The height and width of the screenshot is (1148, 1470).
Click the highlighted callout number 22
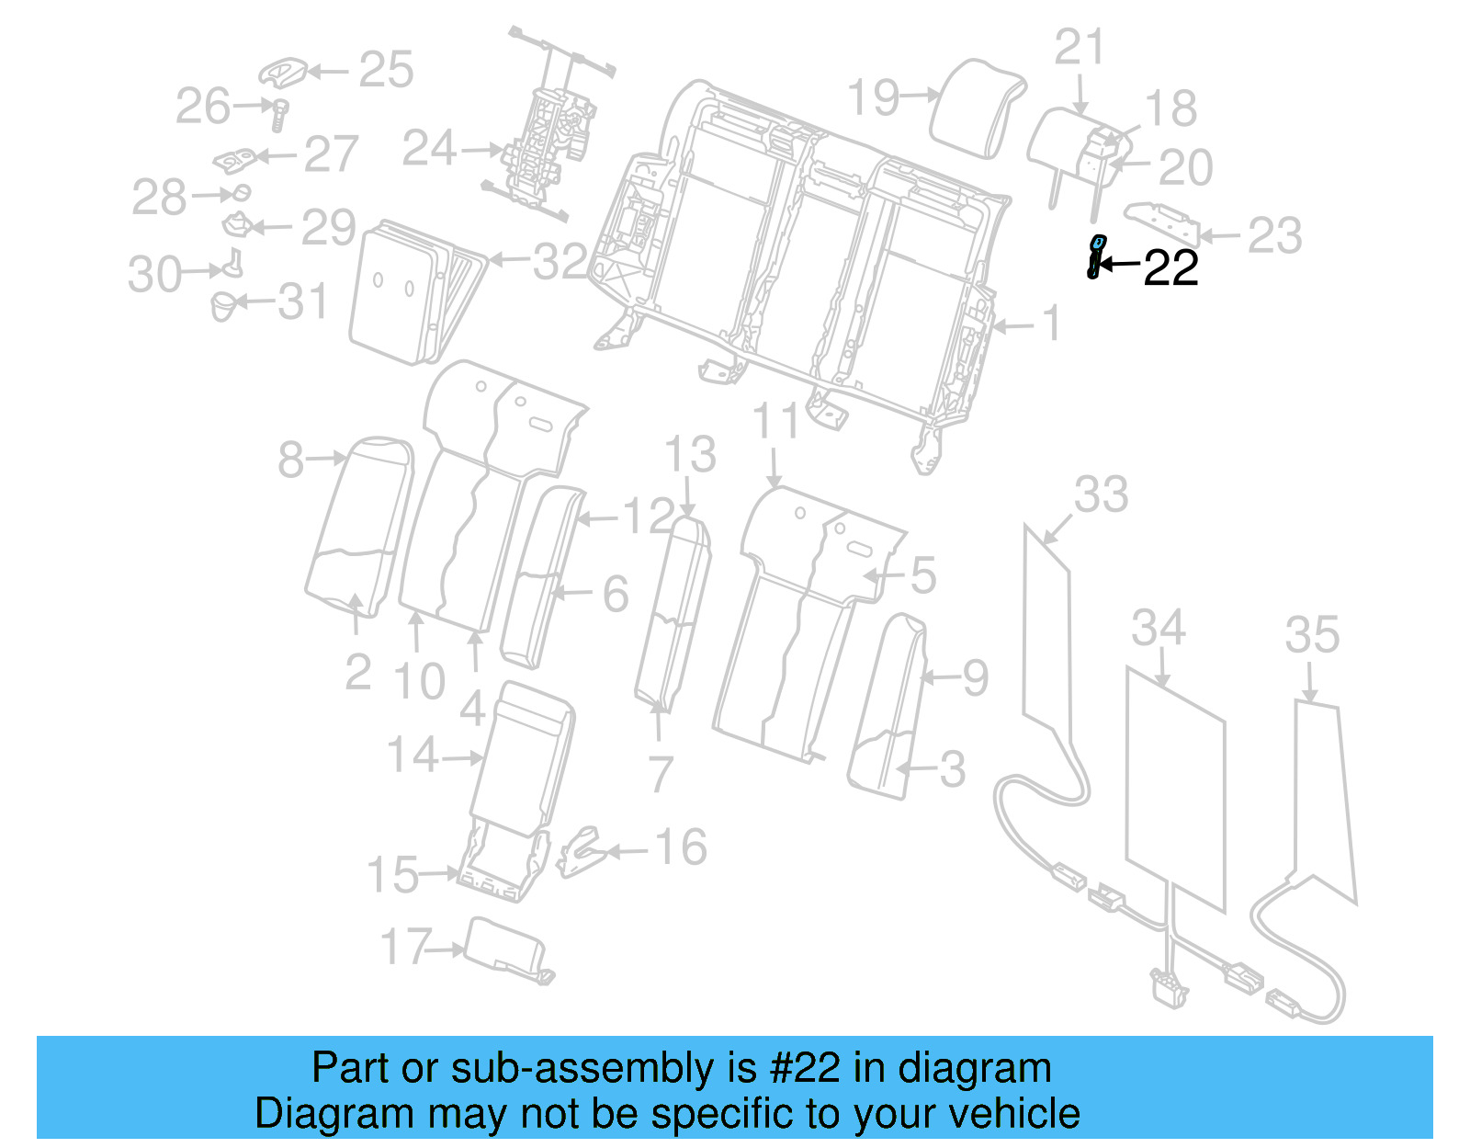(1170, 268)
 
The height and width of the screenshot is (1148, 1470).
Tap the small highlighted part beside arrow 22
(1094, 256)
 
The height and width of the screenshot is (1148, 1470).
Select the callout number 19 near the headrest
(873, 97)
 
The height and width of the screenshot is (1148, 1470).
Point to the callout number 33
(1101, 494)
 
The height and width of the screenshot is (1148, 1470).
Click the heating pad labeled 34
(1176, 790)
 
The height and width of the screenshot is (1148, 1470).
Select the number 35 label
(1312, 634)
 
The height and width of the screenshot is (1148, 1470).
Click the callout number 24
(429, 148)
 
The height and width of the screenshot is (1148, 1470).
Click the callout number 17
(405, 947)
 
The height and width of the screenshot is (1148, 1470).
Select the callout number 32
(560, 262)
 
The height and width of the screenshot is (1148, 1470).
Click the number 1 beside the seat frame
(1051, 324)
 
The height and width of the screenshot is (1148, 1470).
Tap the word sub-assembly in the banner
(581, 1069)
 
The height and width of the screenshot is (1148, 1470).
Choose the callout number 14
(413, 756)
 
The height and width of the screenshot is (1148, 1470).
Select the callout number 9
(975, 678)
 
